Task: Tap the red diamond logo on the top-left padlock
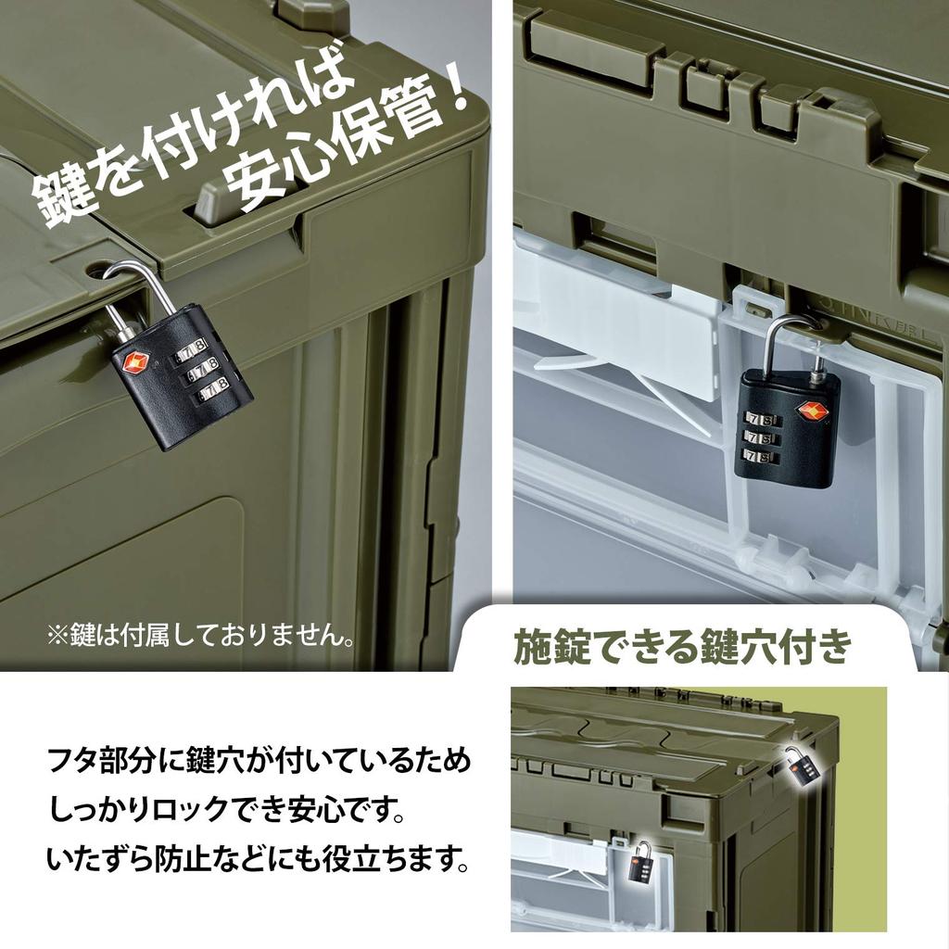[129, 359]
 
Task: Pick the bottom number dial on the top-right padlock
[759, 457]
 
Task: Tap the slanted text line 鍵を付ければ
[185, 139]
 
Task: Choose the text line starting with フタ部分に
[259, 765]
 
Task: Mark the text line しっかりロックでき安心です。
[227, 813]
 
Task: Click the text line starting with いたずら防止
[256, 860]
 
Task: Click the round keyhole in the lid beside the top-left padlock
[96, 270]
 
